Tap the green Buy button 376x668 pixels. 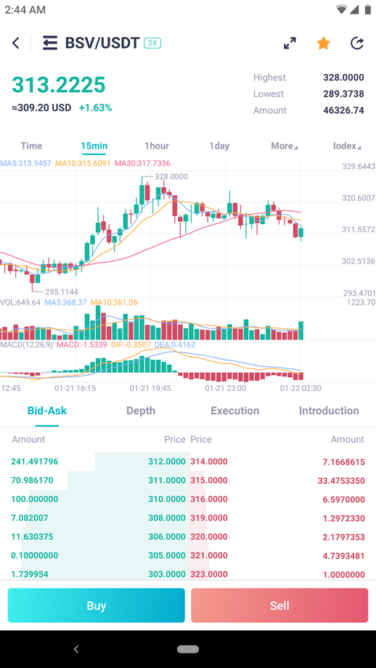click(x=97, y=606)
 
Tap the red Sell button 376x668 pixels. click(x=279, y=606)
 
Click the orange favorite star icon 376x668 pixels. click(x=323, y=43)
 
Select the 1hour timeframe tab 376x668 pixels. click(x=157, y=146)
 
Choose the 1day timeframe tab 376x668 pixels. click(x=219, y=146)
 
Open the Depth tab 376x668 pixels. click(x=141, y=411)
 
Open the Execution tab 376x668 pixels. click(x=235, y=411)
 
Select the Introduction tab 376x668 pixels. click(x=329, y=411)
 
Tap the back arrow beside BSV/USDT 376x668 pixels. click(x=16, y=43)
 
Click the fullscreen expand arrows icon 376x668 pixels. click(x=290, y=43)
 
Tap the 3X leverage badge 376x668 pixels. click(x=152, y=43)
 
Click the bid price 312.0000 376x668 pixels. click(x=167, y=461)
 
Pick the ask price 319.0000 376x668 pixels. click(x=209, y=518)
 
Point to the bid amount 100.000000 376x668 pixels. click(x=35, y=499)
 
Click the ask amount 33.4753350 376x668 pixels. click(x=341, y=481)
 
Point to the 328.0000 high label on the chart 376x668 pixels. click(x=171, y=176)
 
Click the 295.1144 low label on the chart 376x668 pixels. click(x=62, y=292)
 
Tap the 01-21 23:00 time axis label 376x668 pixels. click(x=226, y=388)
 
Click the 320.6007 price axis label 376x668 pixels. click(x=359, y=198)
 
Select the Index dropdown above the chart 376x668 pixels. click(x=347, y=146)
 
